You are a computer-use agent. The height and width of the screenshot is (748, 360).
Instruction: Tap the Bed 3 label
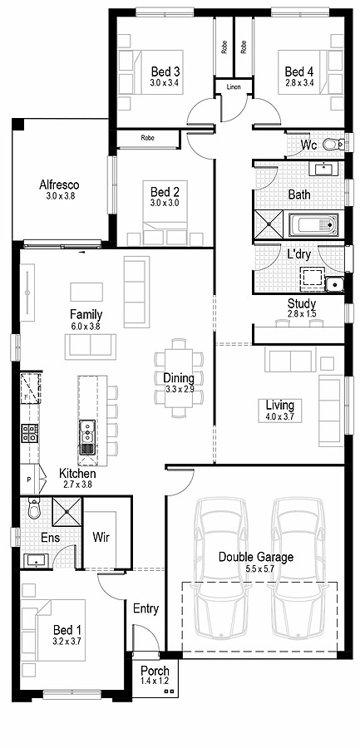pos(165,71)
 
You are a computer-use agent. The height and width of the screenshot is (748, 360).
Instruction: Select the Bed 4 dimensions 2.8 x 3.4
pos(300,83)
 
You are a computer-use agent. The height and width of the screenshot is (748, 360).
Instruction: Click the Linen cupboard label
pos(233,86)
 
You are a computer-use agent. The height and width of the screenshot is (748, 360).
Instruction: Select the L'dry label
pos(300,254)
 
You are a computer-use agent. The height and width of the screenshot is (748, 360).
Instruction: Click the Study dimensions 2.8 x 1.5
pos(301,314)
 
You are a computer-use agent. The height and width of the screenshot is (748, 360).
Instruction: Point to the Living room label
pos(280,405)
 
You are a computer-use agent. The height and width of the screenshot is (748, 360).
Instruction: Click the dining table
pos(179,372)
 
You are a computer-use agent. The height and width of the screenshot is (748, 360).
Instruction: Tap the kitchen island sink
pos(86,431)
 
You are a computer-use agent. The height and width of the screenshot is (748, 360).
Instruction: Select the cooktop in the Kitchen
pos(29,432)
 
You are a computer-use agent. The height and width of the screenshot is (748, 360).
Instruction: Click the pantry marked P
pos(29,480)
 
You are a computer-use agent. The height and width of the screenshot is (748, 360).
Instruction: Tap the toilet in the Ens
pos(34,508)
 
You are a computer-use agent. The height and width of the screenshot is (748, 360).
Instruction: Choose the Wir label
pos(102,537)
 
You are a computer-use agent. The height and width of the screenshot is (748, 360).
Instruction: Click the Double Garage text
pos(256,557)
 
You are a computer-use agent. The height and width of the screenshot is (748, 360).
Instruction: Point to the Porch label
pos(155,671)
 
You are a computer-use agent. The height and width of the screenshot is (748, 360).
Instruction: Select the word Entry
pos(145,608)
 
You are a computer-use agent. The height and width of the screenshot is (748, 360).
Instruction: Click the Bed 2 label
pos(165,191)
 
